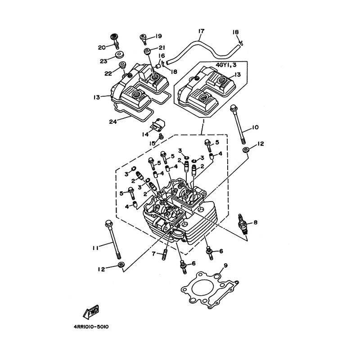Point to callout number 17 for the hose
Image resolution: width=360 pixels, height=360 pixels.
201,31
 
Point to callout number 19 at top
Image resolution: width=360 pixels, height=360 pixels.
158,36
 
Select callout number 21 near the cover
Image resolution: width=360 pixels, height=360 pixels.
162,48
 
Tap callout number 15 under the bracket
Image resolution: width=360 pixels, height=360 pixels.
153,143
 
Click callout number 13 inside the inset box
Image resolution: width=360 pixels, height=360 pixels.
237,75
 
